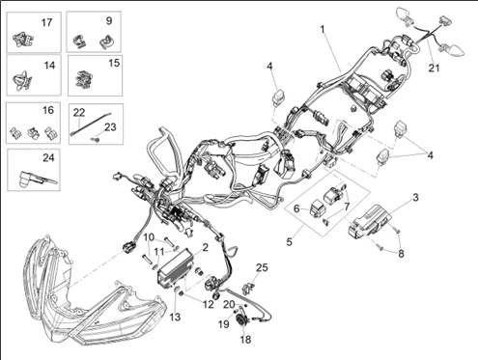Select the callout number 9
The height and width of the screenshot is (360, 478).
(x=108, y=20)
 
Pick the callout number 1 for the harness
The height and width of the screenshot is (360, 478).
(x=322, y=30)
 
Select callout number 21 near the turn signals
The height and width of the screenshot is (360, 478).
(x=434, y=68)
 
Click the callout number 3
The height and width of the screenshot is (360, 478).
(x=415, y=197)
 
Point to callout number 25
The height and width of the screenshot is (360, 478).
(x=261, y=266)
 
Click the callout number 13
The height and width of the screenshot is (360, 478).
(x=176, y=317)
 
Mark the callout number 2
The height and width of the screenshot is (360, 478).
(x=205, y=248)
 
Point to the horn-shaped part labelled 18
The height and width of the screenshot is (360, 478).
(x=242, y=320)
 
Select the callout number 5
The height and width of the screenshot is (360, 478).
(x=291, y=233)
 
